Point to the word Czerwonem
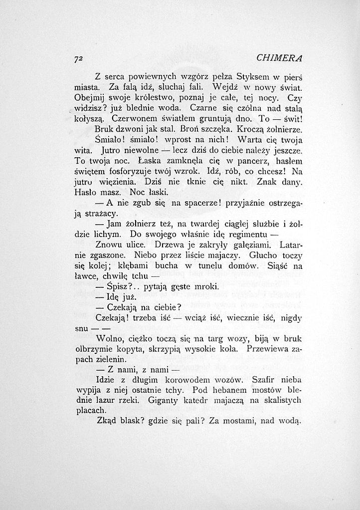click(132, 119)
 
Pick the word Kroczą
click(237, 129)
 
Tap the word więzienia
click(113, 182)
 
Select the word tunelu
click(200, 266)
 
